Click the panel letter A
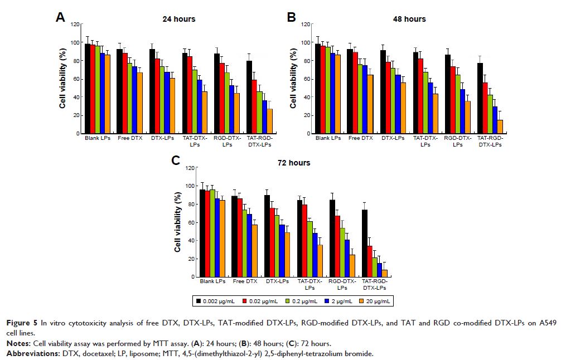point(61,17)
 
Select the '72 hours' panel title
point(295,163)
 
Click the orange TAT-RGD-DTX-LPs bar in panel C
point(385,273)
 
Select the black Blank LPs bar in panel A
point(88,89)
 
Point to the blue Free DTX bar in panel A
point(134,100)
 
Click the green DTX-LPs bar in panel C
point(277,246)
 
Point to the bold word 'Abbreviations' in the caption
point(29,353)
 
